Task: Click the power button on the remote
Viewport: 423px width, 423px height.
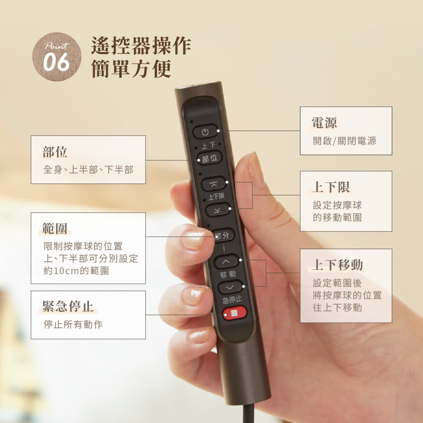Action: click(x=205, y=132)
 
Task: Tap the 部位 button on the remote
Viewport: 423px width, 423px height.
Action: click(x=209, y=159)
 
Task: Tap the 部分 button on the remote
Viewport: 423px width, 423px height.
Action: click(x=222, y=235)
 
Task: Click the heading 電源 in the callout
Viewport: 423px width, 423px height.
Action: click(x=324, y=123)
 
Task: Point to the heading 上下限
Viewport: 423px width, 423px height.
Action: click(x=331, y=187)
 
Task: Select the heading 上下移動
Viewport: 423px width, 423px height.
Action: click(x=338, y=265)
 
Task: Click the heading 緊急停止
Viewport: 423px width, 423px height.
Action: click(x=68, y=306)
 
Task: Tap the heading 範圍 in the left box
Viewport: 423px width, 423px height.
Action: click(x=55, y=228)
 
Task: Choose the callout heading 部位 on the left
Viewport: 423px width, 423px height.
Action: click(x=55, y=152)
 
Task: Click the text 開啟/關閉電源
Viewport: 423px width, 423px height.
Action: click(x=344, y=141)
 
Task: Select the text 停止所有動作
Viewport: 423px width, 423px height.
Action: click(x=73, y=324)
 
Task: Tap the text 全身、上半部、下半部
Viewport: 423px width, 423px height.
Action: click(x=88, y=170)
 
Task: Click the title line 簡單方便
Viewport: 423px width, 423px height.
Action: click(x=131, y=69)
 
